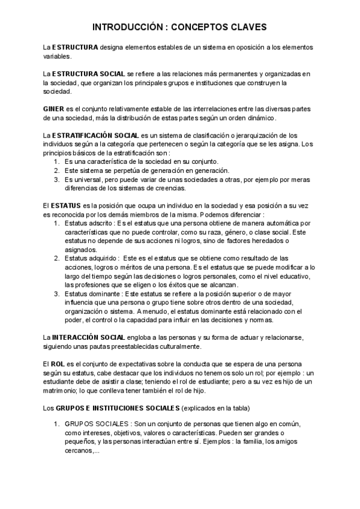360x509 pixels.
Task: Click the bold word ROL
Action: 58,364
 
